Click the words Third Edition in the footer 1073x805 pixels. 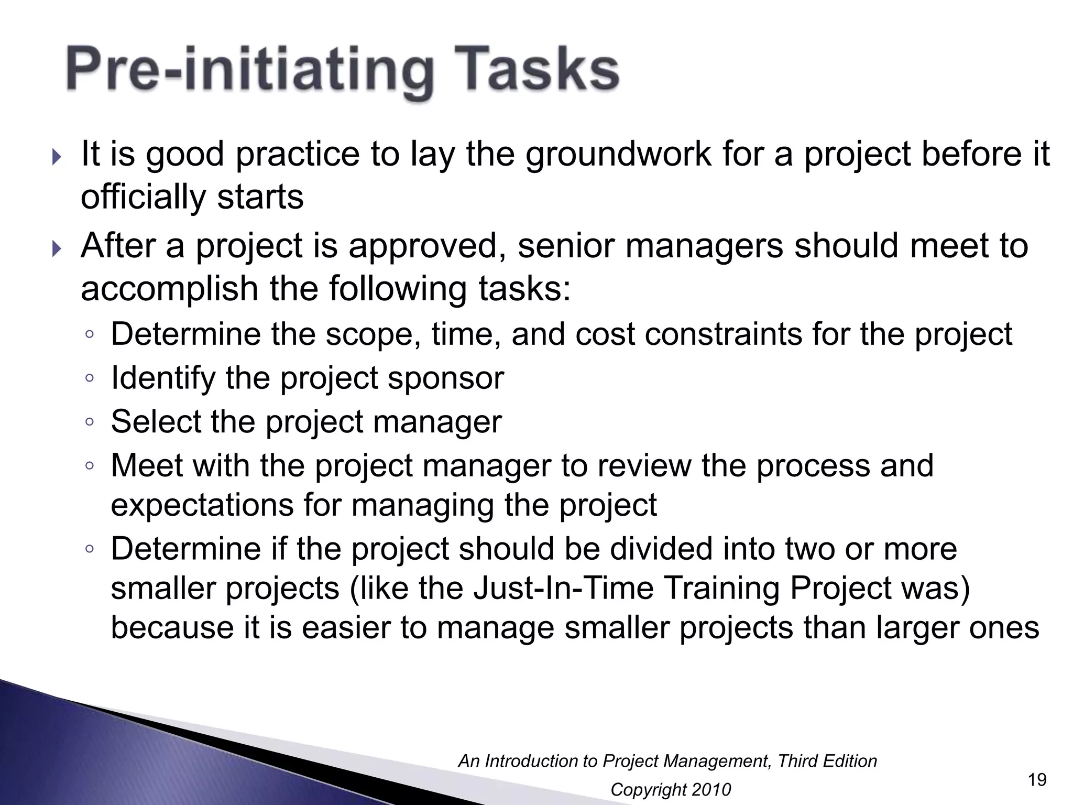[827, 761]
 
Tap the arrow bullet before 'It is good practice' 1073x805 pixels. [57, 157]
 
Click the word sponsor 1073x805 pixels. [445, 378]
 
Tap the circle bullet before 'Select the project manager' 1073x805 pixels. [90, 421]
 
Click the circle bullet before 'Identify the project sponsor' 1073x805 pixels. [90, 378]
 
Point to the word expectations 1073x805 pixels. [201, 505]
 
